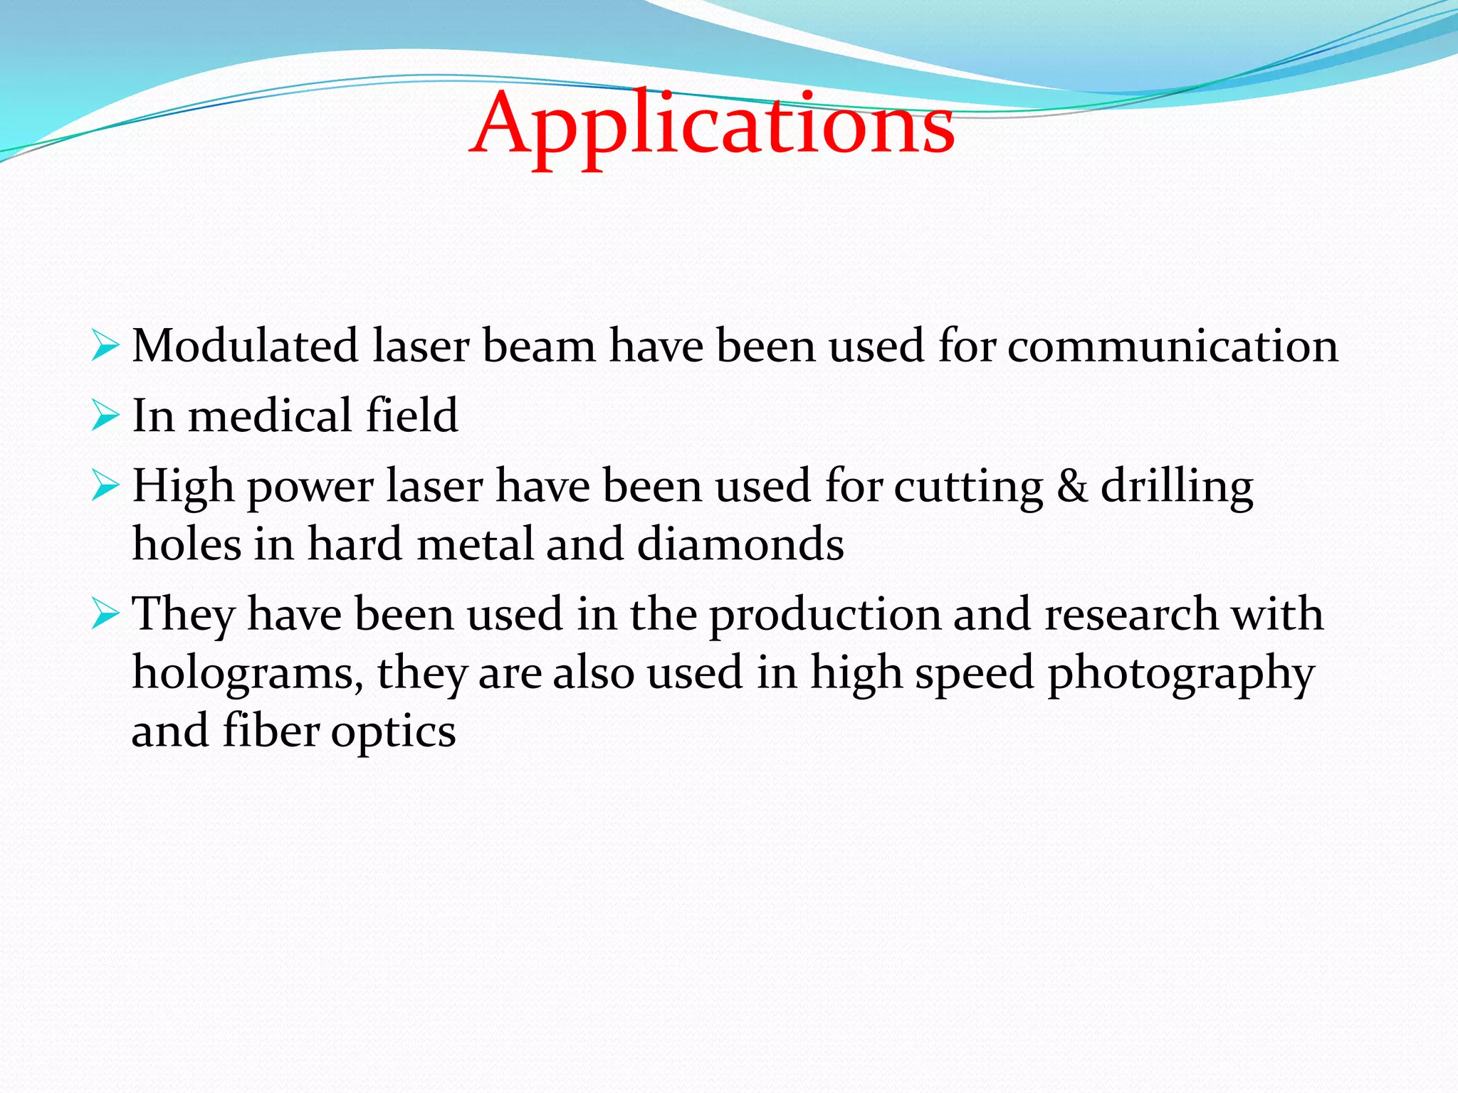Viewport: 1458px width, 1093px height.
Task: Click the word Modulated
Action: (x=245, y=347)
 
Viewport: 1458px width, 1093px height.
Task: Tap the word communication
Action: (x=1173, y=347)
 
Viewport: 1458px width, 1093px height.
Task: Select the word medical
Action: (x=270, y=416)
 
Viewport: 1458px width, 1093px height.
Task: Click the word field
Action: (x=411, y=416)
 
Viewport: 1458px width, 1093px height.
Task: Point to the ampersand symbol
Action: (x=1072, y=487)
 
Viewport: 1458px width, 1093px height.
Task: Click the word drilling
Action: (x=1176, y=488)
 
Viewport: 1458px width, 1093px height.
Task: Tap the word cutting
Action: (x=968, y=488)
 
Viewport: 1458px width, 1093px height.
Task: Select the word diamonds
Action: (x=740, y=545)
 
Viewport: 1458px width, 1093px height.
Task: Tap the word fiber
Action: (x=271, y=732)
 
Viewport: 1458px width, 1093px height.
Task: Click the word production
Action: (x=826, y=615)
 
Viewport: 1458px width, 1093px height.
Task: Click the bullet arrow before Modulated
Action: (x=105, y=347)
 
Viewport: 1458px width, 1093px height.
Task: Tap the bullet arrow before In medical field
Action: (x=105, y=416)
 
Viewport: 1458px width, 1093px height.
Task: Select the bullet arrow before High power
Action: (x=105, y=487)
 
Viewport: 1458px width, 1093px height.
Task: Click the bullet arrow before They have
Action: (x=105, y=615)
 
